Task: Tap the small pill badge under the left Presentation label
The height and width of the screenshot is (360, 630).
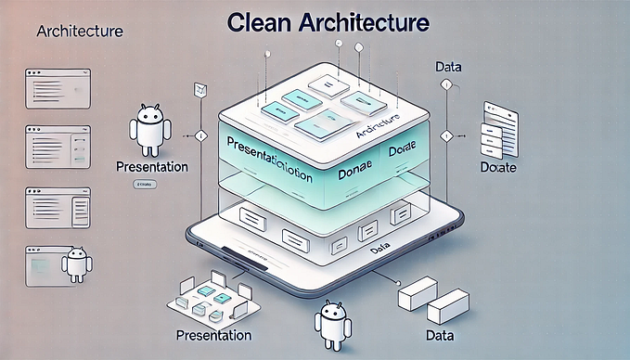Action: click(144, 186)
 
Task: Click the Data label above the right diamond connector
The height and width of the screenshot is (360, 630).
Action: click(449, 67)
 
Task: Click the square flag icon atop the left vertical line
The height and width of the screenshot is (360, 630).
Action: click(196, 90)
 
